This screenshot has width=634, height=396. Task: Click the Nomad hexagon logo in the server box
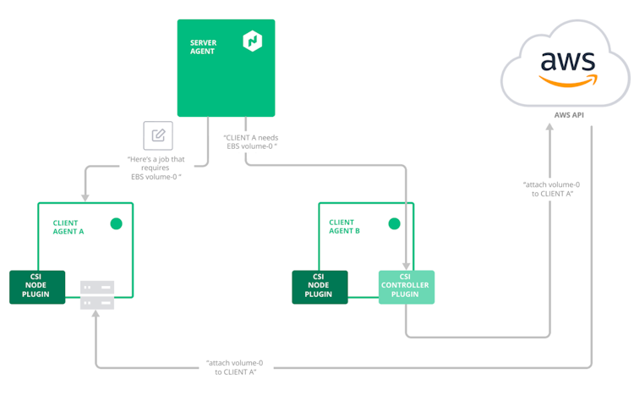pos(252,41)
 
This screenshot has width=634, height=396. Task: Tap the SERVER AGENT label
pos(203,46)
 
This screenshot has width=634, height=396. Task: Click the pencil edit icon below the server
pos(158,135)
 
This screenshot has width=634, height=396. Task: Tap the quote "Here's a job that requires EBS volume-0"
pos(155,168)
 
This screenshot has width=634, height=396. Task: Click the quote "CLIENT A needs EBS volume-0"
pos(251,141)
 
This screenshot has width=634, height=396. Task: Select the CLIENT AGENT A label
pos(68,227)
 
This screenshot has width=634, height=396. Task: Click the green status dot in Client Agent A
pos(117,224)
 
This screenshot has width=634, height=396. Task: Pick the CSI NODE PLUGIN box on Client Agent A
pos(37,287)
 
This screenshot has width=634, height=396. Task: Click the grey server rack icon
pos(97,294)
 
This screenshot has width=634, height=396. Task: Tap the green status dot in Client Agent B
pos(393,224)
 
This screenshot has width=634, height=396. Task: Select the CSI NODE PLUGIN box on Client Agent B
pos(320,287)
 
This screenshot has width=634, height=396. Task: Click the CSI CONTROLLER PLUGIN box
pos(406,287)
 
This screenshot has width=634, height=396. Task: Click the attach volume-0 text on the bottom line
pos(231,366)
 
